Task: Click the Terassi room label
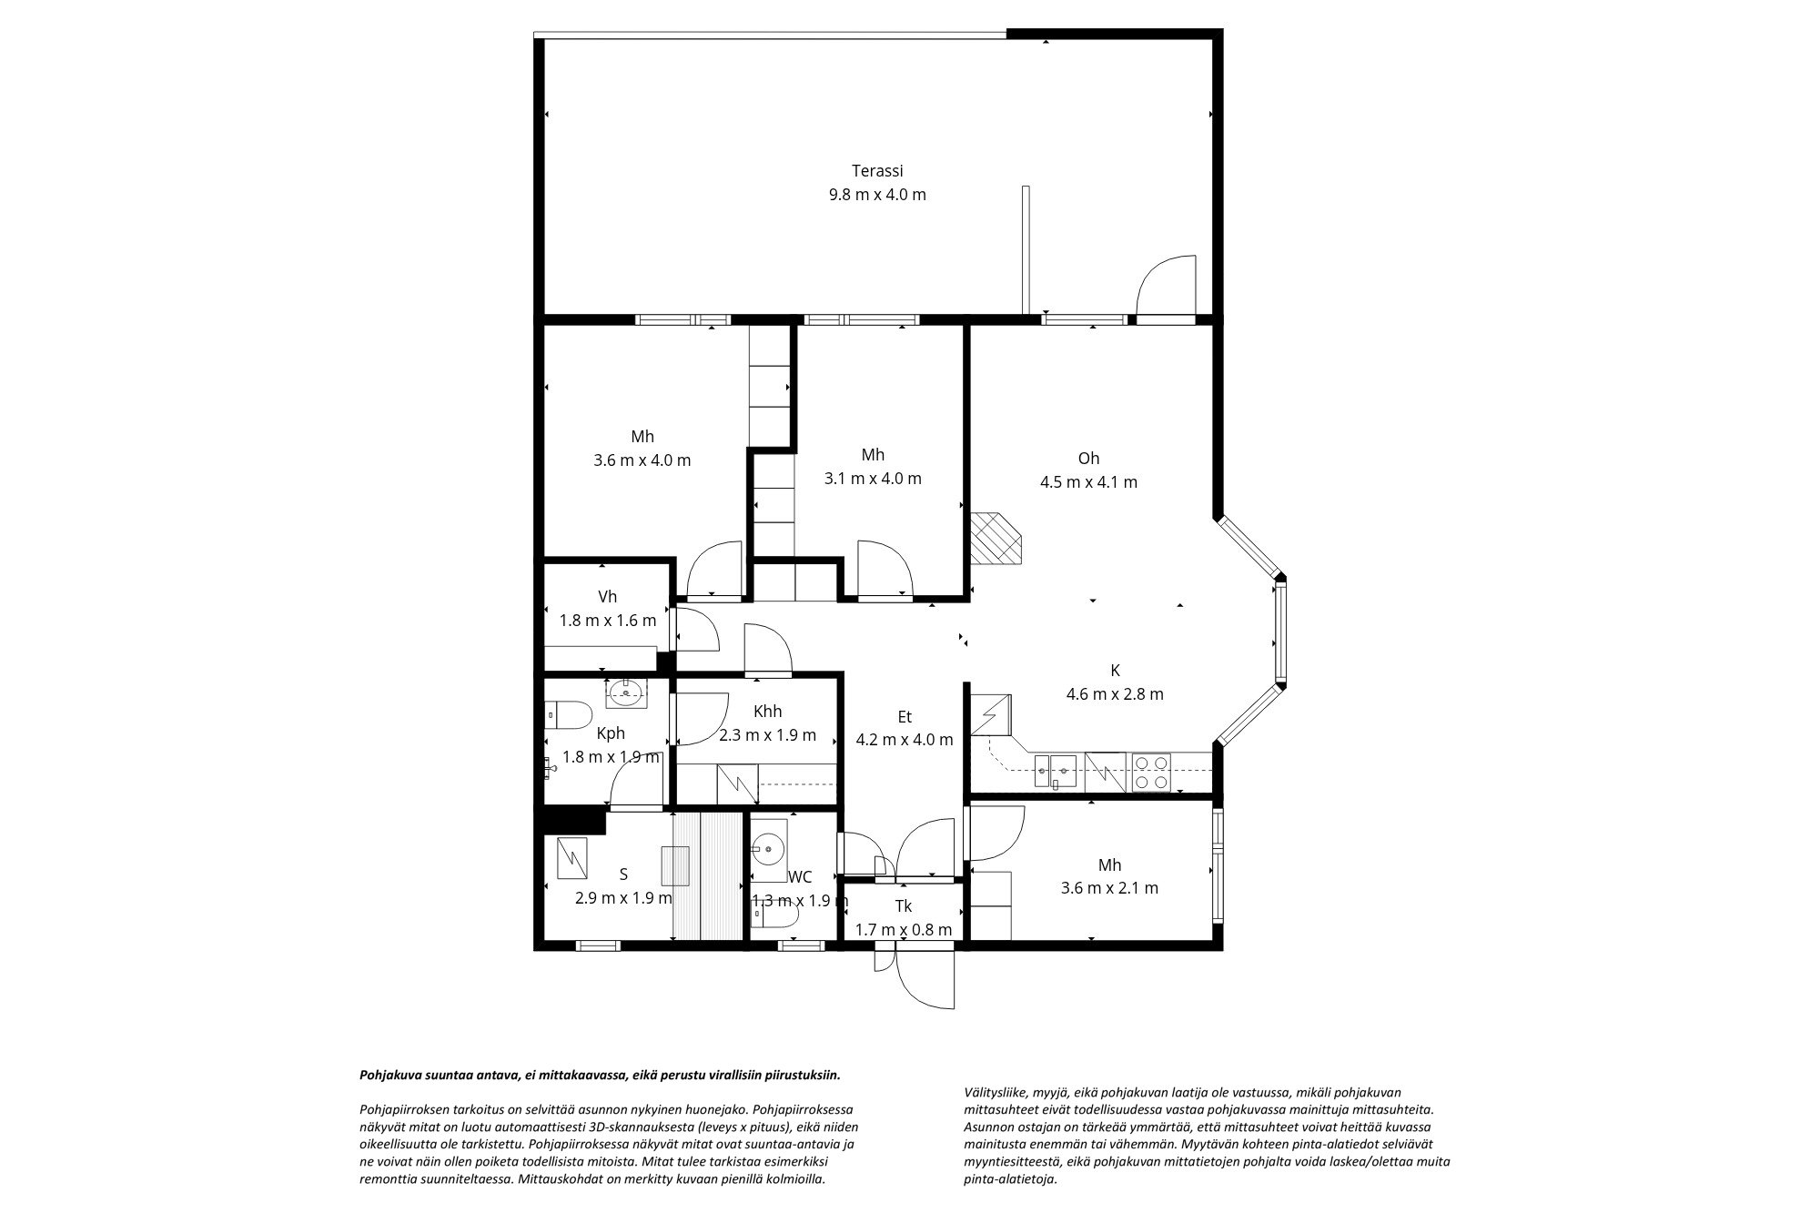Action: click(877, 170)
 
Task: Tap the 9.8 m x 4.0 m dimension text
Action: click(877, 194)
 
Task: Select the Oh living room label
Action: click(1088, 458)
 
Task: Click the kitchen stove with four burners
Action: click(1151, 772)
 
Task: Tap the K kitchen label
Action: click(1115, 671)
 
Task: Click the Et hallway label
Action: click(904, 716)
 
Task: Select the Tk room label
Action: click(904, 906)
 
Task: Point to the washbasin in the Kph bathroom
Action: click(626, 693)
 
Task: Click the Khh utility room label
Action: click(768, 712)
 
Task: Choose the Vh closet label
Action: click(608, 597)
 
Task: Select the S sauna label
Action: click(623, 874)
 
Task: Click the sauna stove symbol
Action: click(571, 858)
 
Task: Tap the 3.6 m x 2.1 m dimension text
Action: click(1109, 888)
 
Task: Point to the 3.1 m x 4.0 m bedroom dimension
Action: click(873, 479)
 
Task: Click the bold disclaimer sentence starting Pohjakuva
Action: click(601, 1075)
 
